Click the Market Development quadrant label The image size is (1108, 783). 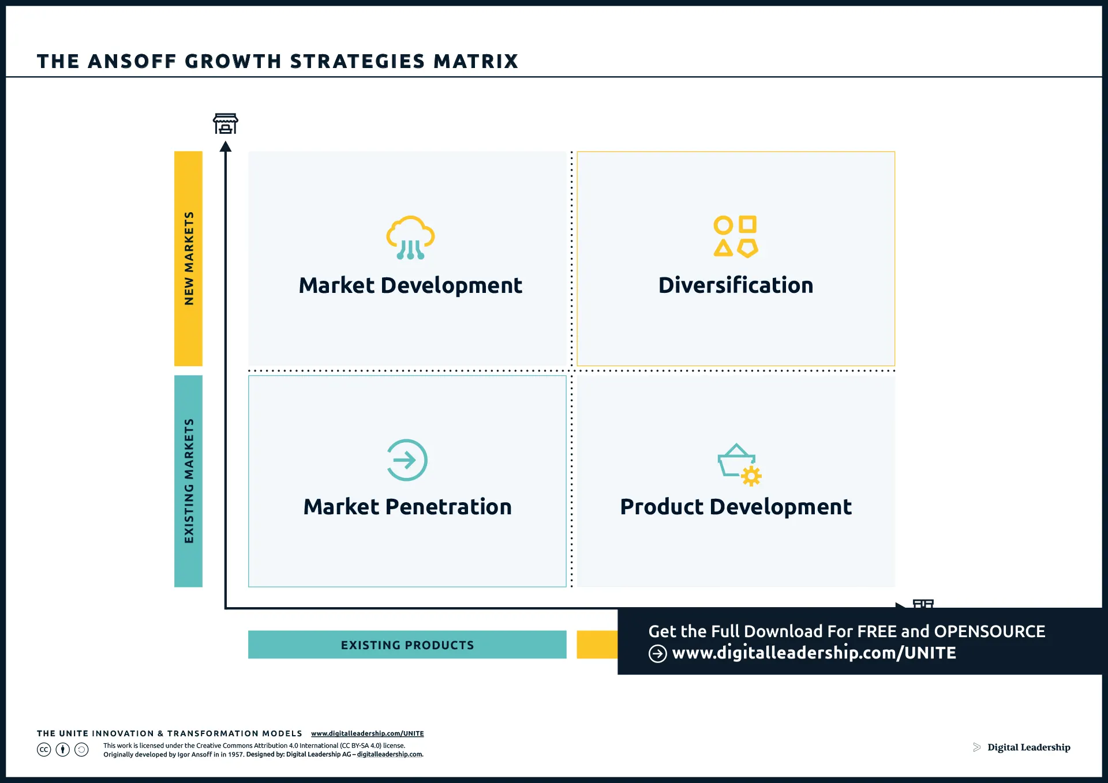point(410,285)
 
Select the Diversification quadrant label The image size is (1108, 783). point(736,285)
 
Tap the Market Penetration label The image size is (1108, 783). point(407,507)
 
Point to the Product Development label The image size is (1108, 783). point(736,507)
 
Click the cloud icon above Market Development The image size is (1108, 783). point(410,237)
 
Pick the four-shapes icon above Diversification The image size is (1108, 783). point(736,236)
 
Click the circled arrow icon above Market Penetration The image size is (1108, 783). point(407,460)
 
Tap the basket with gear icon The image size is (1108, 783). point(739,464)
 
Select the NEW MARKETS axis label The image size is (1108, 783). point(189,258)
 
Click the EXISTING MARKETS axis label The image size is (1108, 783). point(189,481)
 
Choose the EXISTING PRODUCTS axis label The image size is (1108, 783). point(407,645)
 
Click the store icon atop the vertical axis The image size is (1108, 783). point(226,123)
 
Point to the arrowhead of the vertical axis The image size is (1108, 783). point(226,147)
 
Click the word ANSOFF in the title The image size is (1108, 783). point(132,61)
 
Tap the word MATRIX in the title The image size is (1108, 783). point(476,61)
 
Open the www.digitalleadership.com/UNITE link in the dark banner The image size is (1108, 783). point(814,653)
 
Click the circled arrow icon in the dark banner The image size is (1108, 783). point(657,653)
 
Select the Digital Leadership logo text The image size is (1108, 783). point(1028,747)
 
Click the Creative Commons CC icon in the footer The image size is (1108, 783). point(44,750)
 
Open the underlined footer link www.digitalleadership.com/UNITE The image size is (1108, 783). point(367,733)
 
